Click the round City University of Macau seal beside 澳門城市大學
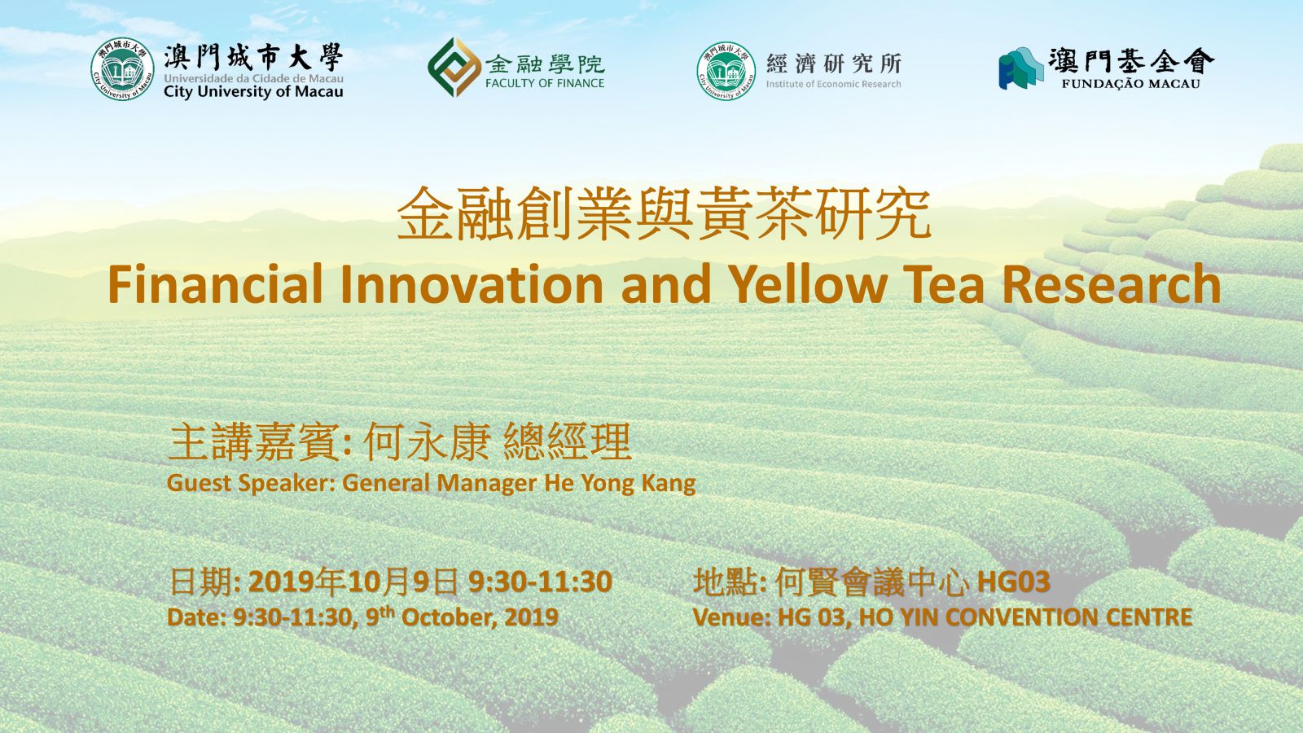(x=122, y=69)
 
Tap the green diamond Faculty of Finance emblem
(x=454, y=68)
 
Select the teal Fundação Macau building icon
(x=1020, y=68)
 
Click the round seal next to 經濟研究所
(x=726, y=70)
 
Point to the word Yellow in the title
(x=809, y=284)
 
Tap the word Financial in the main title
(x=215, y=284)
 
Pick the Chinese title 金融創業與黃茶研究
(x=664, y=213)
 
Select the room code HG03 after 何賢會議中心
(x=1013, y=582)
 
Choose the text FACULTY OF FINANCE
(x=545, y=83)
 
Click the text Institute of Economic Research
(x=834, y=85)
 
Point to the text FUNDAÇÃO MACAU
(x=1131, y=84)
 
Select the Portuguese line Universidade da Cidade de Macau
(x=253, y=78)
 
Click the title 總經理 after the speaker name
(x=567, y=441)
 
